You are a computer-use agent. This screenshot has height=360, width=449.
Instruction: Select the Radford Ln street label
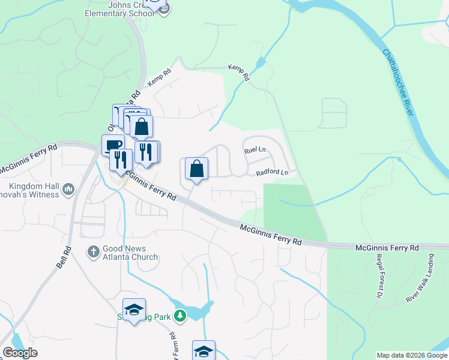(x=272, y=173)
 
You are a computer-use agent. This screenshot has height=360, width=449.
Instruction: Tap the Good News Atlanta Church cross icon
(x=93, y=252)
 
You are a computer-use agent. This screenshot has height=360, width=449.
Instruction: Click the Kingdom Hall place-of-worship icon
(x=68, y=190)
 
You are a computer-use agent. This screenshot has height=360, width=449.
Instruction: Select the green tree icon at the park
(x=179, y=315)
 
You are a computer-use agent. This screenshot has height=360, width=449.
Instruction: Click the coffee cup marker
(x=112, y=146)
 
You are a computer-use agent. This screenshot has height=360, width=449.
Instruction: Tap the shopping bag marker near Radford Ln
(x=196, y=169)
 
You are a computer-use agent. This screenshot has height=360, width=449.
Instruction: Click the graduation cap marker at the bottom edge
(x=203, y=351)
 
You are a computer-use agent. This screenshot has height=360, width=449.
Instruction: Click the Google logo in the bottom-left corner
(x=19, y=353)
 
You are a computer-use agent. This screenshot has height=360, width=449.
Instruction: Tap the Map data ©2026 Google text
(x=412, y=355)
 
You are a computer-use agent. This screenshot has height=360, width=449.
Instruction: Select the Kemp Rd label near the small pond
(x=238, y=73)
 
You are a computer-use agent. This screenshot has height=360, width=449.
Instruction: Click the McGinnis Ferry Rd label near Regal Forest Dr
(x=387, y=247)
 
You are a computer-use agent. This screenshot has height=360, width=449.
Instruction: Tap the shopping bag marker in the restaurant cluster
(x=141, y=127)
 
